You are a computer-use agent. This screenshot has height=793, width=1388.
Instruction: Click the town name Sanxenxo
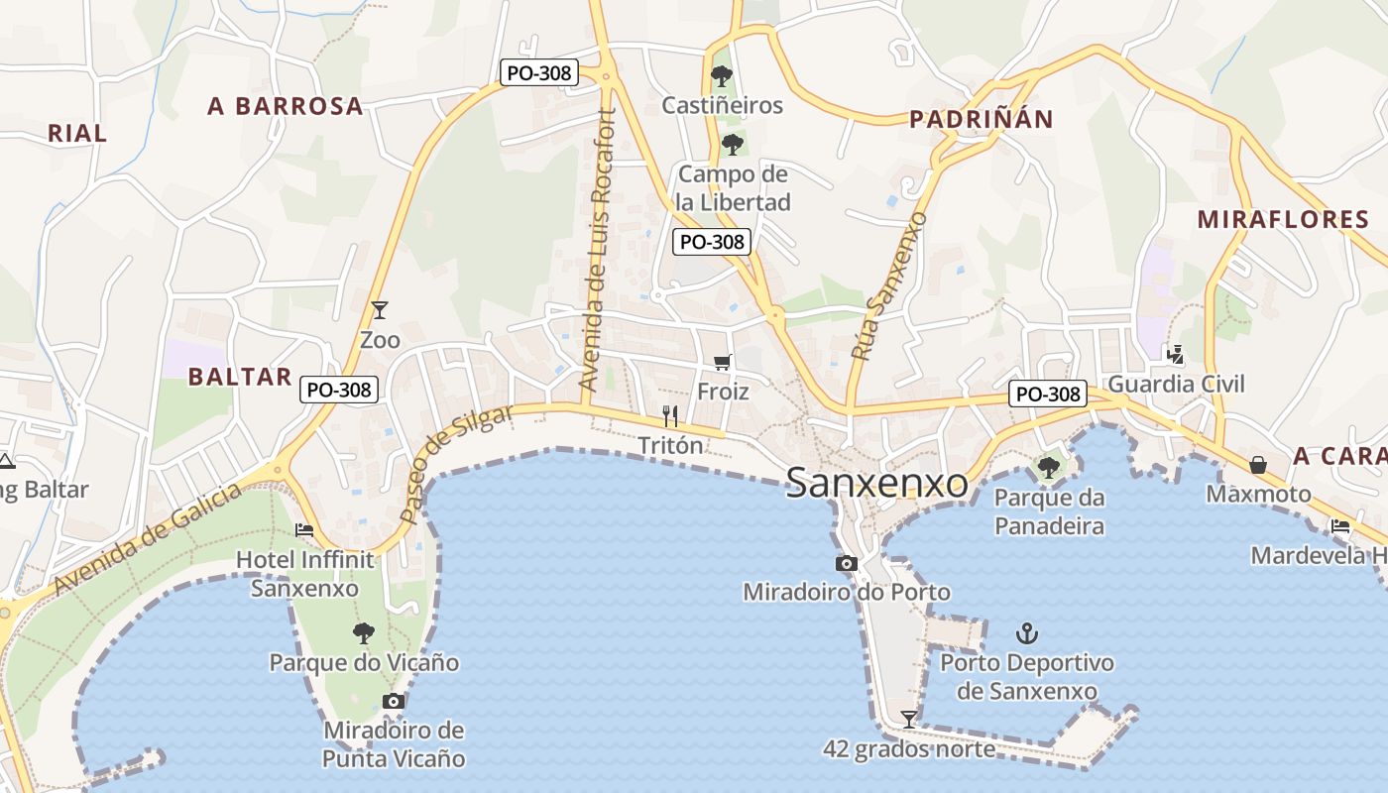(x=876, y=483)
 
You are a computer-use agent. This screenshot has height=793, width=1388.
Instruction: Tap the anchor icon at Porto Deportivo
(x=1027, y=632)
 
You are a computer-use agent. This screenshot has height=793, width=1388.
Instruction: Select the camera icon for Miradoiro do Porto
(x=846, y=563)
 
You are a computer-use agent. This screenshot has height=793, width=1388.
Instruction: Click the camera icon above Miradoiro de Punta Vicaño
(x=394, y=701)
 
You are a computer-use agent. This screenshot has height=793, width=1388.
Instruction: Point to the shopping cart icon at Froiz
(x=722, y=363)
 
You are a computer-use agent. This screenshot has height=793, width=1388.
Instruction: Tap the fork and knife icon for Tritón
(x=670, y=416)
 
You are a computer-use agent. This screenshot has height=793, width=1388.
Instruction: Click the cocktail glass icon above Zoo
(x=379, y=310)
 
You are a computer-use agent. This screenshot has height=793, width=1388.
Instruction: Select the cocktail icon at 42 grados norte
(x=908, y=719)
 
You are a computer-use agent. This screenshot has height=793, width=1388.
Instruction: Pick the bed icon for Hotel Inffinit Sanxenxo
(x=304, y=530)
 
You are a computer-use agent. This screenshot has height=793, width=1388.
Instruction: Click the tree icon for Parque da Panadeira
(x=1049, y=467)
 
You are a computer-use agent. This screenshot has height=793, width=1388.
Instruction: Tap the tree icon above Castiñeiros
(x=722, y=75)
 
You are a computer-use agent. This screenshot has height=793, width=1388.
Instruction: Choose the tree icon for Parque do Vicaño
(x=364, y=632)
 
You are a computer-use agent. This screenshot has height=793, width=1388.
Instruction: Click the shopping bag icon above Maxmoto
(x=1258, y=464)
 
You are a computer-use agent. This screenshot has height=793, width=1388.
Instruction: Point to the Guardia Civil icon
(x=1176, y=354)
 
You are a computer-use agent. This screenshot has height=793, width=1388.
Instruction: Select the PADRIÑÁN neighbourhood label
(x=982, y=119)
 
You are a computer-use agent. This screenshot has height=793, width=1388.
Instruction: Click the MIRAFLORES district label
(x=1283, y=219)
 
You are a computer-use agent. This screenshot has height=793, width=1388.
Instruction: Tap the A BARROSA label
(x=286, y=106)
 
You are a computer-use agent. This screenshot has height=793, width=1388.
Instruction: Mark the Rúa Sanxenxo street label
(x=889, y=285)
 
